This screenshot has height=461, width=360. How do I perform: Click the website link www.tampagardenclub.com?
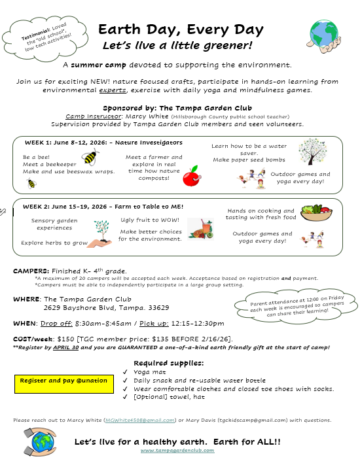tap(177, 450)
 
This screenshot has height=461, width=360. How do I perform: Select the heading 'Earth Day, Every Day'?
tap(181, 30)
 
